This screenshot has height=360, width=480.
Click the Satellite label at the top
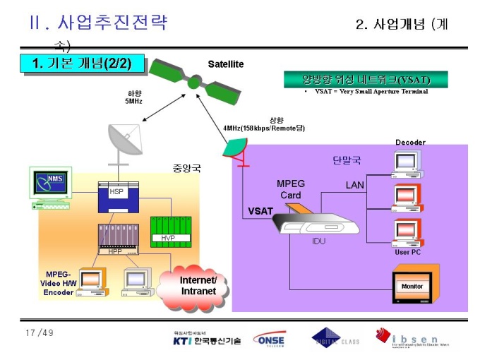[x=225, y=64]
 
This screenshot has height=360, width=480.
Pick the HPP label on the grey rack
[x=114, y=251]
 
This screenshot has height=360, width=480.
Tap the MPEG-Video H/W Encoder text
[x=58, y=283]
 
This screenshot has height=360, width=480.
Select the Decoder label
[x=410, y=143]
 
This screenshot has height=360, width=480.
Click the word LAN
[x=355, y=185]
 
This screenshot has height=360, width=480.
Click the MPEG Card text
[x=290, y=189]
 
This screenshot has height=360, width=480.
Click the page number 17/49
[x=39, y=332]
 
